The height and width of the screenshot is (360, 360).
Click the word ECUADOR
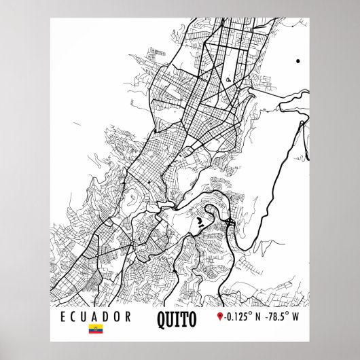96,317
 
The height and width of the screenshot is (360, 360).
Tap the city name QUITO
176,317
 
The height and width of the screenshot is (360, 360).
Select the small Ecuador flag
96,331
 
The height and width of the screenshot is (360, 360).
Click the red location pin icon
219,317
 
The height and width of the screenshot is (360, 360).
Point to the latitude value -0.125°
238,317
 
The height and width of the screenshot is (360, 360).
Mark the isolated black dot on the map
298,61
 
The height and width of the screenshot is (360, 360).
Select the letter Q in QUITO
160,317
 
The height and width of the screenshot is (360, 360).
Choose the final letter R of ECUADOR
128,317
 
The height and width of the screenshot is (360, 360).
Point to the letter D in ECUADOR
107,317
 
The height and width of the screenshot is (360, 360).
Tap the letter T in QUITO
183,317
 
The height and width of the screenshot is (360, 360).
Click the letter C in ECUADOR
74,317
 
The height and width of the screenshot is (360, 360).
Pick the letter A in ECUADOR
96,317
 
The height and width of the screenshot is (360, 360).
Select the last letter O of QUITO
192,317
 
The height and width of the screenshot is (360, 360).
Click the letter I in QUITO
177,317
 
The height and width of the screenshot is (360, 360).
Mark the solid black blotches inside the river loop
199,221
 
